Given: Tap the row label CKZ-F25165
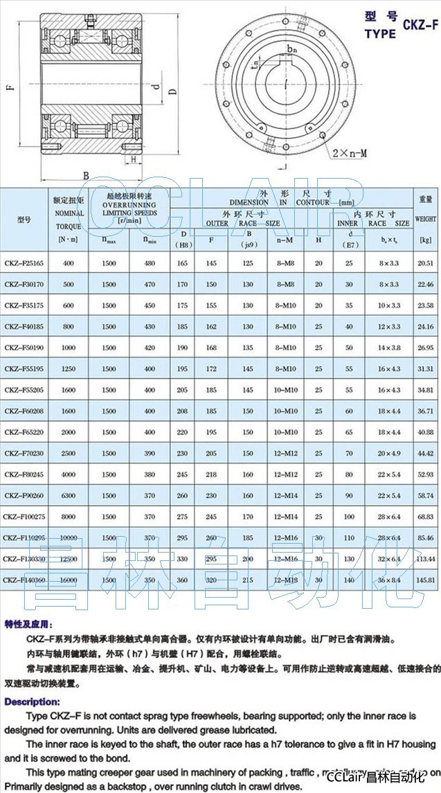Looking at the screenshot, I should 24,264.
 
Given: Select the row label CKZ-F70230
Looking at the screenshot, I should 24,454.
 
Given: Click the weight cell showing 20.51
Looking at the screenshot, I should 426,264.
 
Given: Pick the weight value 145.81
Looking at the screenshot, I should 426,580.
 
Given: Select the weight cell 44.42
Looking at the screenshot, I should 426,454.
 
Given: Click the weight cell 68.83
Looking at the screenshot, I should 426,517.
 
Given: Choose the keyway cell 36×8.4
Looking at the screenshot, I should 389,580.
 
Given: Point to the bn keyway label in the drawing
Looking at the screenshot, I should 291,50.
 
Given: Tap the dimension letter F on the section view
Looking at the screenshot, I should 8,88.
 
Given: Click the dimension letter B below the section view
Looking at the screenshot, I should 87,175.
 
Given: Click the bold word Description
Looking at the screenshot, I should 32,702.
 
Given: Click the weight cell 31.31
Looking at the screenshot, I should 426,369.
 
